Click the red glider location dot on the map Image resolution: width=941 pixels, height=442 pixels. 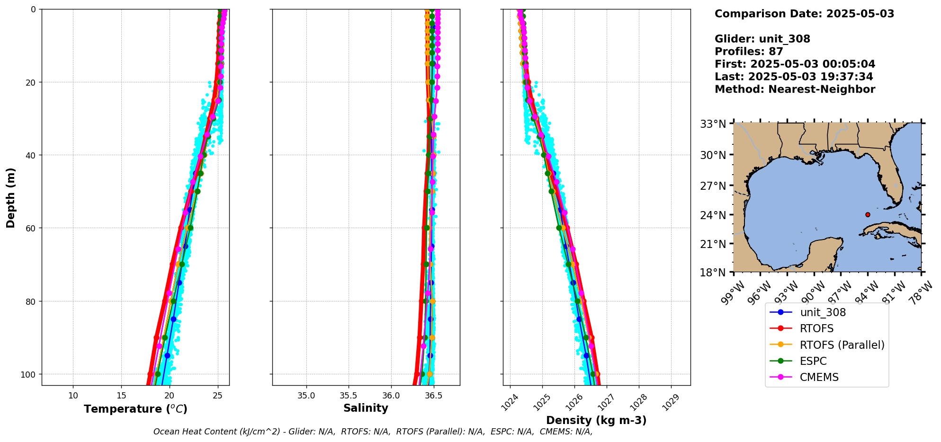868,214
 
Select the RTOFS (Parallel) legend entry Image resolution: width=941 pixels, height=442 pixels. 842,345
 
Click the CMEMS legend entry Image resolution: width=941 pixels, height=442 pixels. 819,377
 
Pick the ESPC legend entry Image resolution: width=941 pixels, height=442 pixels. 813,361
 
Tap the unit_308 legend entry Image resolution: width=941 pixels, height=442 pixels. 823,312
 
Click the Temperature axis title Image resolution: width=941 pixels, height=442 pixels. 135,409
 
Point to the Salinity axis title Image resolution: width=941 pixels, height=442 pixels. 366,408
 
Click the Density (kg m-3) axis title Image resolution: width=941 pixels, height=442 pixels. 596,420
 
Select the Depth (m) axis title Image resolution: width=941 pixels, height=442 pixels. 10,197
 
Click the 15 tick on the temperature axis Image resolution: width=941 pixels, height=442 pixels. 121,396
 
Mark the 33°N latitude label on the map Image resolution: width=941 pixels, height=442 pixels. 713,124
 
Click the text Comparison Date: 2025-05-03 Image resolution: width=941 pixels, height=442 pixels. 804,14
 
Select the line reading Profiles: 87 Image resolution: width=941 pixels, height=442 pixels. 749,52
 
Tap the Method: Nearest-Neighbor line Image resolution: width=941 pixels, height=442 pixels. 795,89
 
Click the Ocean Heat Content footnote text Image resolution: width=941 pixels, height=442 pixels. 373,432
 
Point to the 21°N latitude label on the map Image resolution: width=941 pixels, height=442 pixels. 713,244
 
